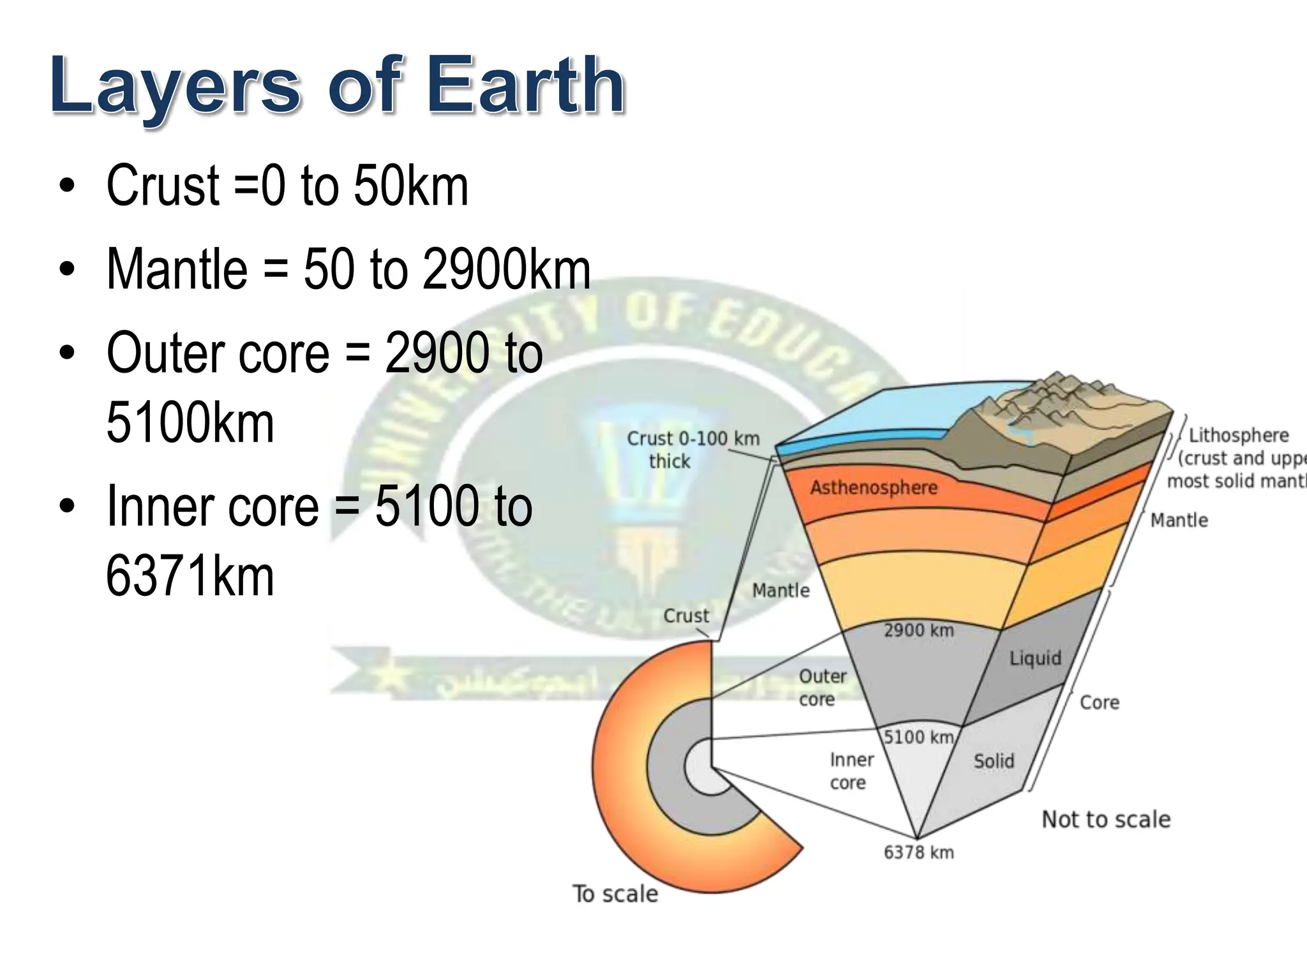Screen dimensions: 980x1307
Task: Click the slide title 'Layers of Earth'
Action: [337, 86]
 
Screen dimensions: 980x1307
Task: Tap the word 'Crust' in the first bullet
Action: [163, 186]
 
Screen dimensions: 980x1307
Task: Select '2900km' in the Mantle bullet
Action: [507, 270]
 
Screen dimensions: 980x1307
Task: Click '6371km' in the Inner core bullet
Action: [190, 576]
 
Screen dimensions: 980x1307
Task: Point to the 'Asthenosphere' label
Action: [874, 488]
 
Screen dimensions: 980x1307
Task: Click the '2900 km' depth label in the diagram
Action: [918, 631]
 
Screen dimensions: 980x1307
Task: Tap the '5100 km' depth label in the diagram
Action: [918, 737]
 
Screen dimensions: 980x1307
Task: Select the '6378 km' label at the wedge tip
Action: [918, 852]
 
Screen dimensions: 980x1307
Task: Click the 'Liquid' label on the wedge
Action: [1035, 658]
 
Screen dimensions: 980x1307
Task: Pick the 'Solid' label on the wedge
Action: [994, 761]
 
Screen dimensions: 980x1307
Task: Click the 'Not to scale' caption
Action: [1106, 819]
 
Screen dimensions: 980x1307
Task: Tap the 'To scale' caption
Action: [615, 894]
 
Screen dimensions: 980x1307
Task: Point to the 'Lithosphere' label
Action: [1238, 436]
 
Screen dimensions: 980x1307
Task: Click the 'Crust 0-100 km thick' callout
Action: [692, 450]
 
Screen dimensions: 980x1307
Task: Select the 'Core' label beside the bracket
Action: [1099, 702]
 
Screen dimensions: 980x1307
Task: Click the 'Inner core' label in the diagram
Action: [851, 771]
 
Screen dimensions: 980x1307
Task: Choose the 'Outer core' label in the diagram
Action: [822, 687]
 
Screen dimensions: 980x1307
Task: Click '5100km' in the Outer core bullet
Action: [190, 422]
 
